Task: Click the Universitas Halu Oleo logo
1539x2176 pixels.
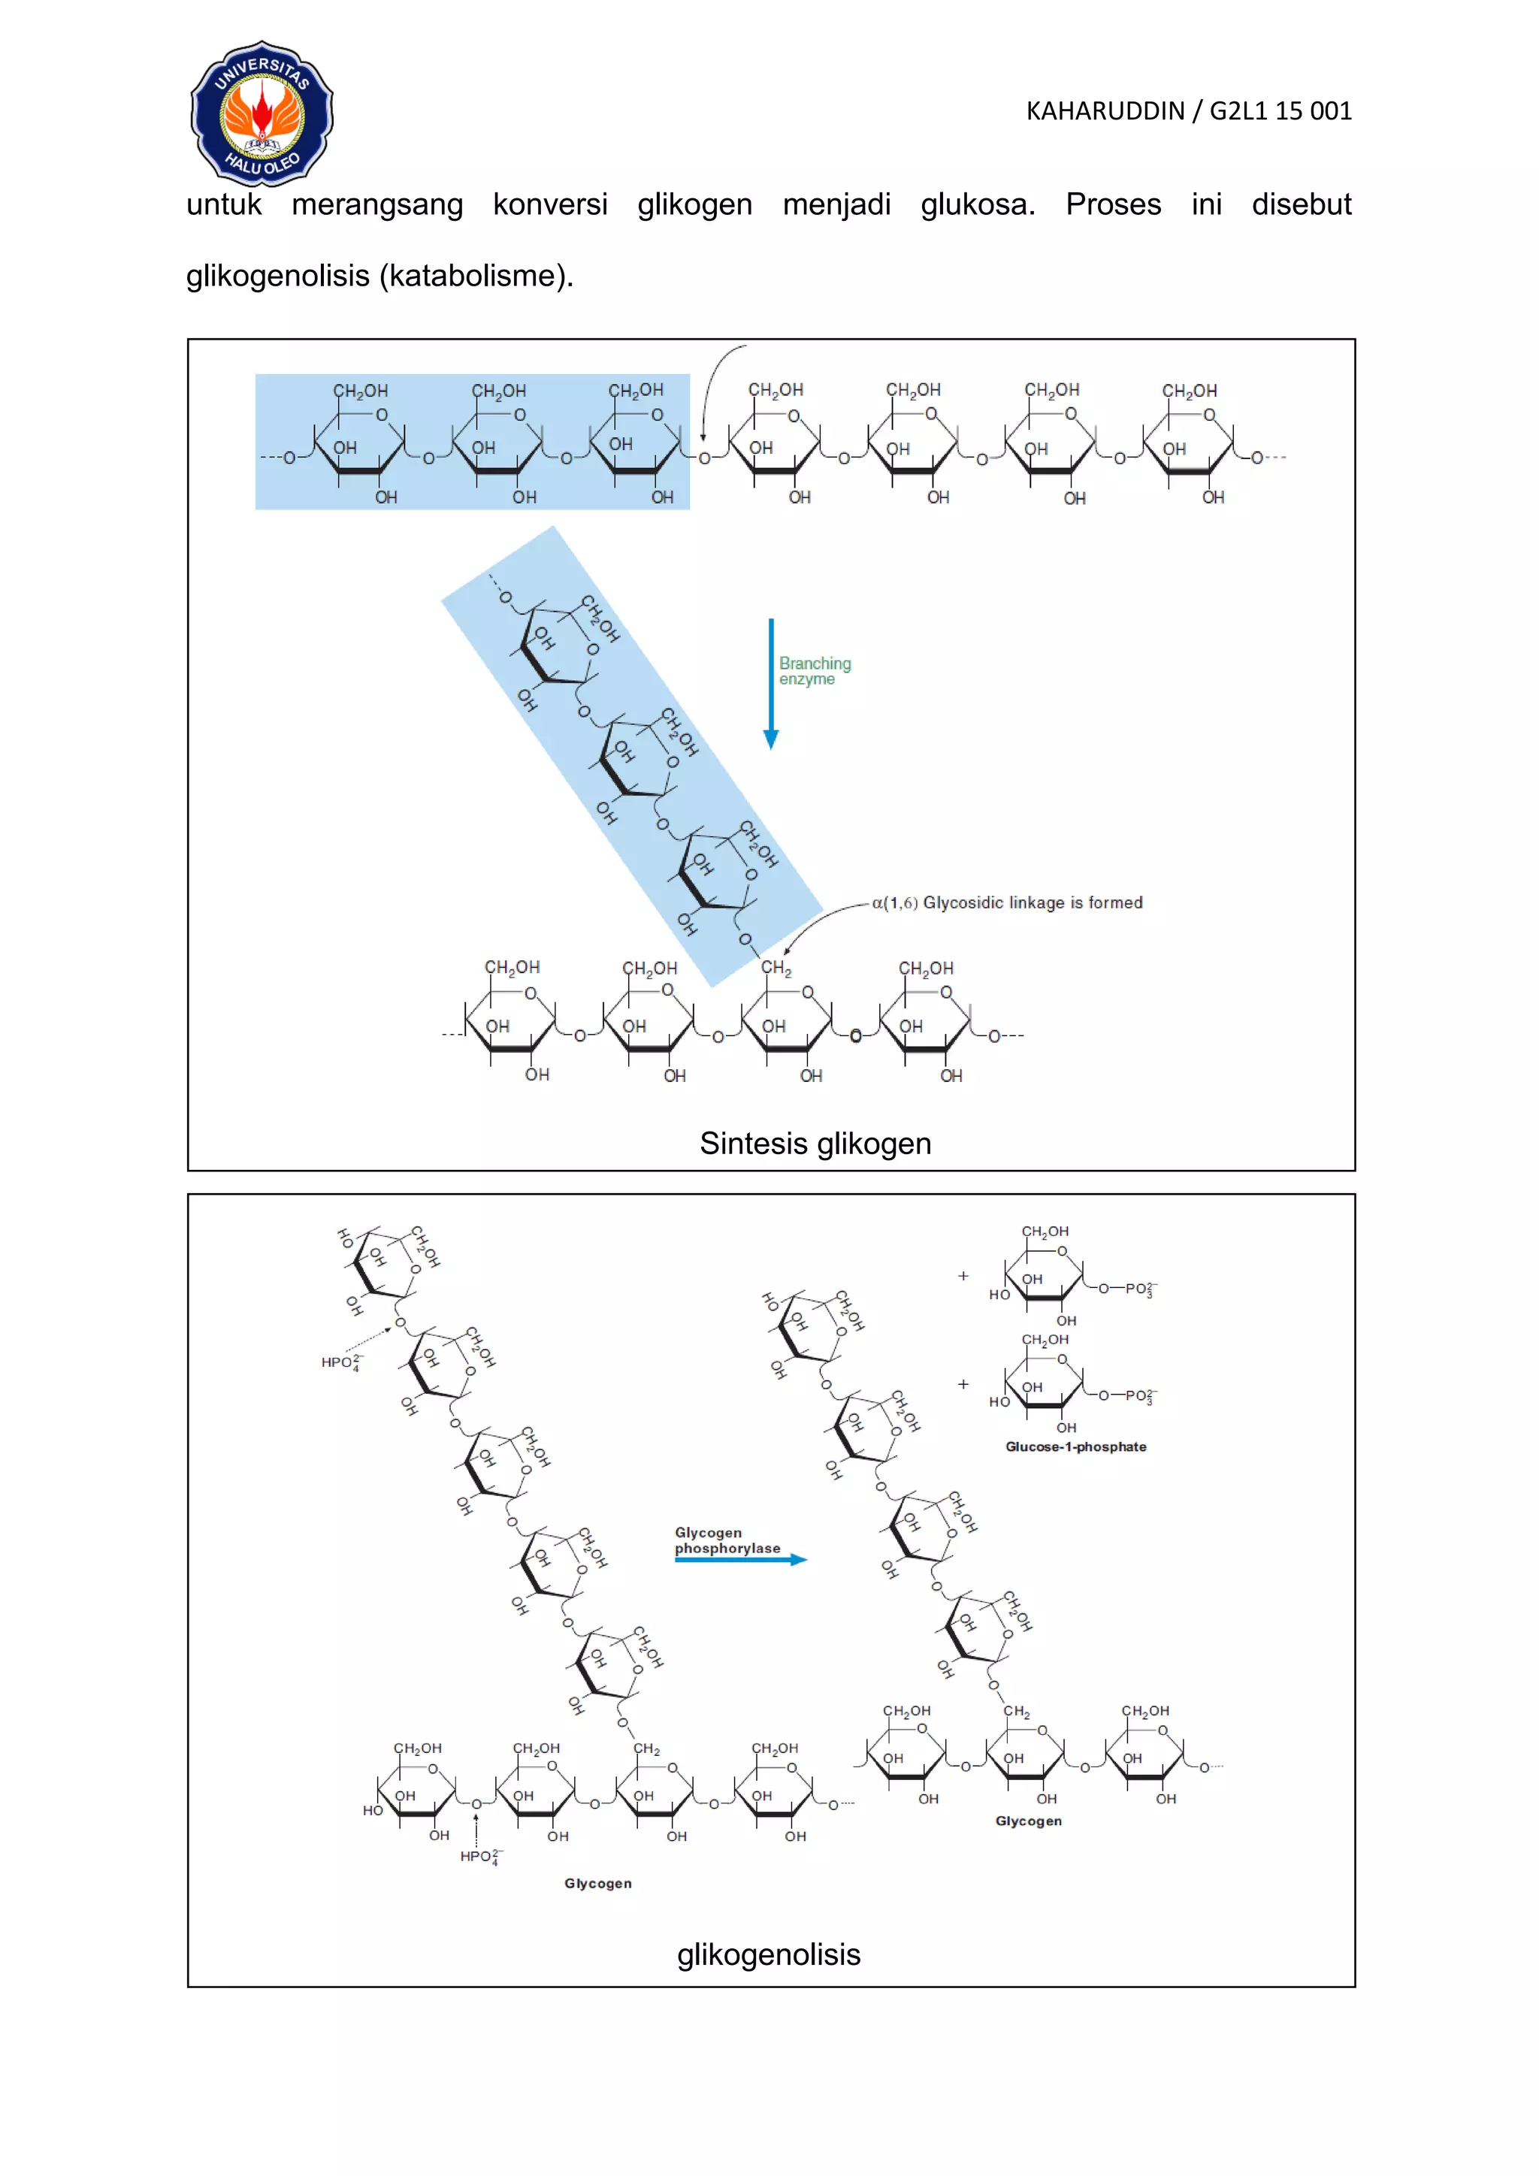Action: click(262, 113)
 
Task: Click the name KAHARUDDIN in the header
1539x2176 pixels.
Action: click(1105, 112)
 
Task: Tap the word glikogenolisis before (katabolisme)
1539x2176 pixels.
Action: click(277, 276)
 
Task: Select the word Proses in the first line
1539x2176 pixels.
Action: click(1113, 204)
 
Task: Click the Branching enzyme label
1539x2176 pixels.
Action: click(814, 671)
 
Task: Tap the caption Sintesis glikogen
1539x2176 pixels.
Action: click(815, 1144)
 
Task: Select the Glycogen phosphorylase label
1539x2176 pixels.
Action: click(727, 1540)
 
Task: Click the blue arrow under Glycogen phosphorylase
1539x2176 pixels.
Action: click(740, 1559)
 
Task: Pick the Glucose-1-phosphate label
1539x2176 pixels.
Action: click(1075, 1447)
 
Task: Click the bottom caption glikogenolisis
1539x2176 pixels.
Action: click(769, 1954)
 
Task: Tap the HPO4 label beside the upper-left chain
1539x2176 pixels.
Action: click(341, 1363)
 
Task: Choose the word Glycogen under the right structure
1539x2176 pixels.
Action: click(1028, 1821)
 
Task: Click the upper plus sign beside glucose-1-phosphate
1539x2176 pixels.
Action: click(963, 1277)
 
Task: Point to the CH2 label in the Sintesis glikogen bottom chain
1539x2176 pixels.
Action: click(776, 969)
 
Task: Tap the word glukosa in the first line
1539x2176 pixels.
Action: click(978, 204)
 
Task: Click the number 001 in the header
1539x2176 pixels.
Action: click(1331, 112)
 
